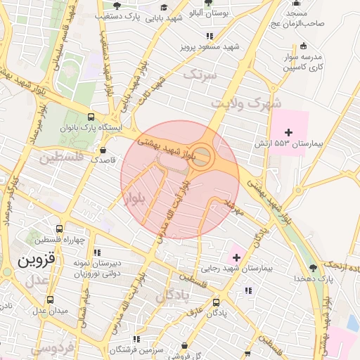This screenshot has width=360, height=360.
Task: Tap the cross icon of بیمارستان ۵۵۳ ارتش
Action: pos(288,132)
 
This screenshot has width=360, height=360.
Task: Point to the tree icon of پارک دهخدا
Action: pos(313,267)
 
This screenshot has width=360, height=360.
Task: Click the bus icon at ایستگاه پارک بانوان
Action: pos(91,117)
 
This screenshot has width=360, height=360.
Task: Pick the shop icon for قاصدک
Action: pos(103,150)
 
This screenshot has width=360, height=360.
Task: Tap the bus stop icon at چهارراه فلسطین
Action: pos(59,229)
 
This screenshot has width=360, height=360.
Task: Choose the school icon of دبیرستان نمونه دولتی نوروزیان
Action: pos(96,251)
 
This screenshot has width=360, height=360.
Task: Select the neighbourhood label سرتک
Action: pos(195,73)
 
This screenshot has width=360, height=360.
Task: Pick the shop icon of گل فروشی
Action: pos(184,345)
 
